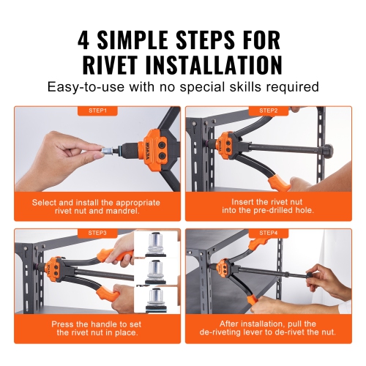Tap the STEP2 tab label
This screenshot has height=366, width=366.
[268, 111]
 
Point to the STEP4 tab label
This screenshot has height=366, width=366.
[268, 233]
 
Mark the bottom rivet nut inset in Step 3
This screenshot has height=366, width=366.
[154, 300]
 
